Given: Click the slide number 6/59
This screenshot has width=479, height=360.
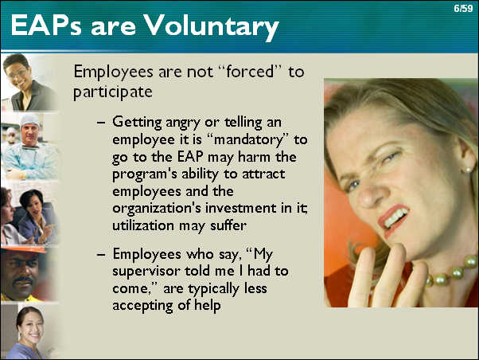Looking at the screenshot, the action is [x=463, y=8].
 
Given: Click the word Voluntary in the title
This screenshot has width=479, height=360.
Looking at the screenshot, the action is [x=211, y=26].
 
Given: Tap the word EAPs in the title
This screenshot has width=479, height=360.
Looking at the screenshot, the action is [x=46, y=25].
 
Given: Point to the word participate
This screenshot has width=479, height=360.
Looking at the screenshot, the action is [x=113, y=92].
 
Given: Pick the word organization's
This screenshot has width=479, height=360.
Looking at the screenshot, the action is [x=157, y=209].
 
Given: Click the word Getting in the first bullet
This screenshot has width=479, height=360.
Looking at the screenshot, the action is [x=137, y=123].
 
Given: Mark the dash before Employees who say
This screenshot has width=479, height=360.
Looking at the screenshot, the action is [x=101, y=255].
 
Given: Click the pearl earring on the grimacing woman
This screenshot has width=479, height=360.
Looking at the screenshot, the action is [x=467, y=169].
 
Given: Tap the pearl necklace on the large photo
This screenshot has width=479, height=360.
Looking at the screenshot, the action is [x=452, y=272].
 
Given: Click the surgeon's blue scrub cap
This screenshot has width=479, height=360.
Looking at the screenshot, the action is [x=29, y=120].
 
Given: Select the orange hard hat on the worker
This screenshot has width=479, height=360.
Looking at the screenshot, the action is [x=24, y=249].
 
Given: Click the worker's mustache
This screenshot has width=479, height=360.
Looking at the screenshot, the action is [x=23, y=280].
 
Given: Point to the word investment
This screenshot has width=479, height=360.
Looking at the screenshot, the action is [x=241, y=209].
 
